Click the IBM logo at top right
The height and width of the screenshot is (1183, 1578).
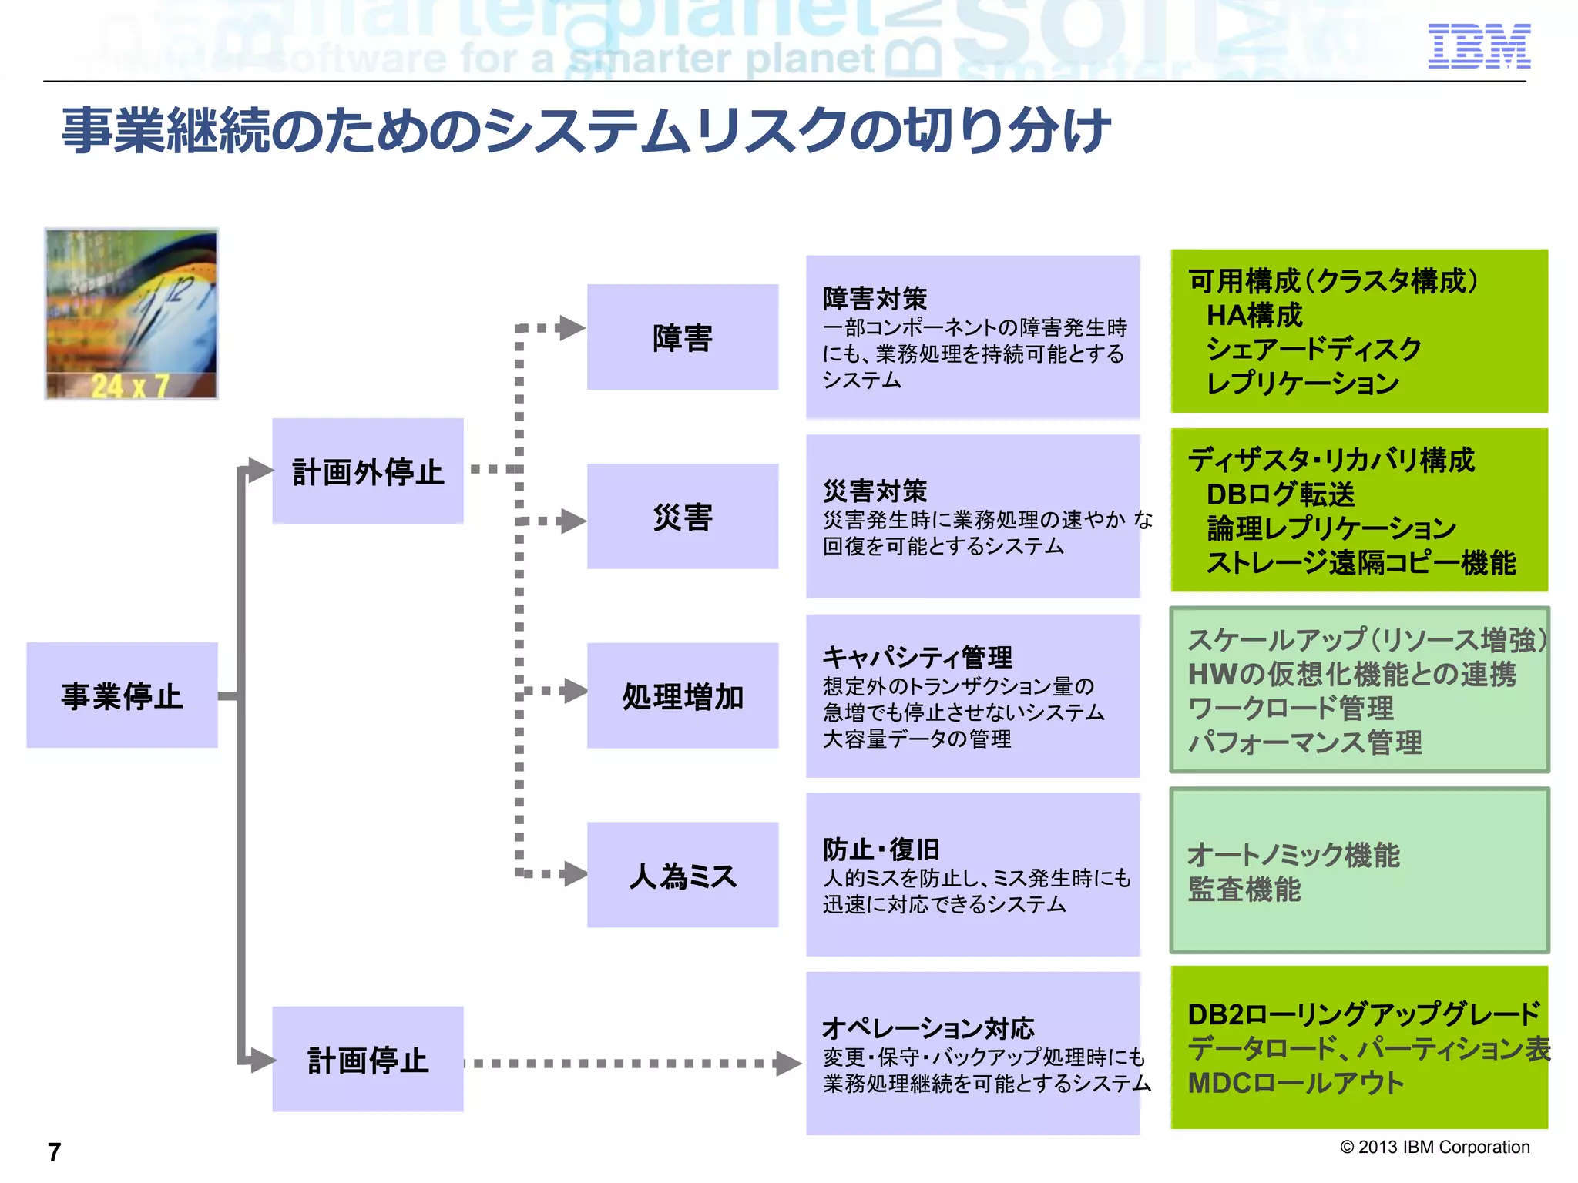point(1479,46)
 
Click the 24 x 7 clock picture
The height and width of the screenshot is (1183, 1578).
point(131,313)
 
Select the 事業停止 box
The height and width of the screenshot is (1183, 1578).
point(122,695)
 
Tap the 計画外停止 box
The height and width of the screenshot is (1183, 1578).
point(368,471)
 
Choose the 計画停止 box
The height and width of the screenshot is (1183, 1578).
point(368,1060)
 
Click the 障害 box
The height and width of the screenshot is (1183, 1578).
point(682,337)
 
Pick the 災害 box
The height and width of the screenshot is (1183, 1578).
point(682,517)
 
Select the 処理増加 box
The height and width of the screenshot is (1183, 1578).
point(682,695)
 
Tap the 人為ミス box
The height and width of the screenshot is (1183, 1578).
point(682,875)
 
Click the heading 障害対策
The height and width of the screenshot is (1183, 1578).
point(875,299)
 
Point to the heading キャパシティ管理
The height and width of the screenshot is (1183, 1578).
point(917,657)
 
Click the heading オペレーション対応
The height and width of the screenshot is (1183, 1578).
point(928,1028)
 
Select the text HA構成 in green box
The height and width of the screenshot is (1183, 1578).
point(1254,315)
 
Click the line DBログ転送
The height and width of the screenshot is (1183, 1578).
point(1280,494)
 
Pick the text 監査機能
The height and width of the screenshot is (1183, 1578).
point(1244,890)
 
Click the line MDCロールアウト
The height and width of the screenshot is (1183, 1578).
point(1296,1083)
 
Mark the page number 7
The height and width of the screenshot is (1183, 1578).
point(54,1152)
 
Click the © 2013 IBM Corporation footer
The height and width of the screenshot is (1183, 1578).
point(1435,1147)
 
